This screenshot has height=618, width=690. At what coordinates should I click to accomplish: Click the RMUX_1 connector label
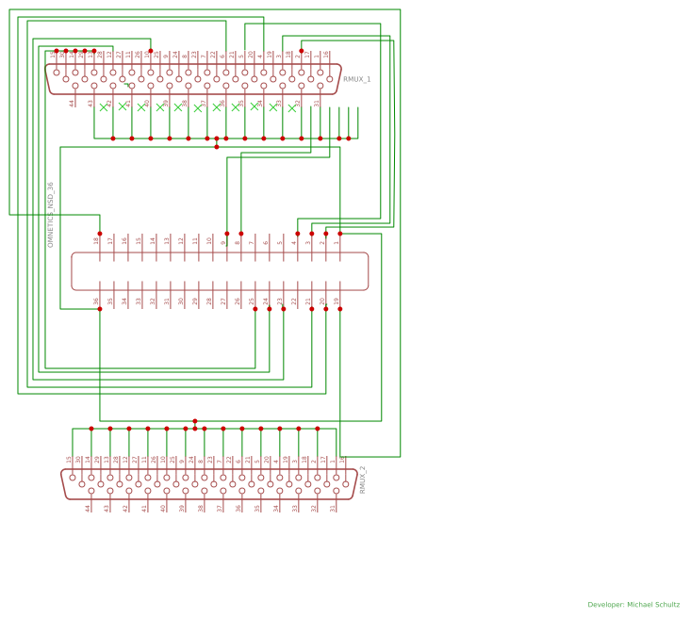[356, 80]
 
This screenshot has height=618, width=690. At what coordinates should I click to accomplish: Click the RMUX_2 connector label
[363, 480]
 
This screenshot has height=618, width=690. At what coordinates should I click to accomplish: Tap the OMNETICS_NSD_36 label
[51, 215]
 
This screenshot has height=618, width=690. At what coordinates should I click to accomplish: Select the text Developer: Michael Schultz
[633, 605]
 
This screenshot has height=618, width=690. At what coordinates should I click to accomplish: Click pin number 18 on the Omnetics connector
[96, 241]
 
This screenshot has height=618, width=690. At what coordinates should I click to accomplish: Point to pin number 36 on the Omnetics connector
[96, 301]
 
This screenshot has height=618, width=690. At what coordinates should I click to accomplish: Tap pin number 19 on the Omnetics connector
[337, 301]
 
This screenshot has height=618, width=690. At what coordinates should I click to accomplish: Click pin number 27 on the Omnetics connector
[223, 301]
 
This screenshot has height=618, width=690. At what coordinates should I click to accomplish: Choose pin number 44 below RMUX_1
[72, 103]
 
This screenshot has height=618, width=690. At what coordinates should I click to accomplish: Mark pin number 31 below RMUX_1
[317, 103]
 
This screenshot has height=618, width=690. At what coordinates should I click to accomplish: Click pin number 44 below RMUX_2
[88, 508]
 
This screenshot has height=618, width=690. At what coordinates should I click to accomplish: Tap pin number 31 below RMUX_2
[333, 508]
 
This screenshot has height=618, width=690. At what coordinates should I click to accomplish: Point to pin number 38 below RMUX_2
[201, 508]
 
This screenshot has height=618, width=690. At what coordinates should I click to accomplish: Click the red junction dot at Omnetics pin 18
[100, 234]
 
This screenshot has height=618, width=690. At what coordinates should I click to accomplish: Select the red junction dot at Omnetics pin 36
[100, 309]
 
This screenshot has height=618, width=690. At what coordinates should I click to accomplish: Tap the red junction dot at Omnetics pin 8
[241, 234]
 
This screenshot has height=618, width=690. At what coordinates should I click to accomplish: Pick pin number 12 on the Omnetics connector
[181, 241]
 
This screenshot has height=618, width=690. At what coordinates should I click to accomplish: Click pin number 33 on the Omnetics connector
[139, 301]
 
